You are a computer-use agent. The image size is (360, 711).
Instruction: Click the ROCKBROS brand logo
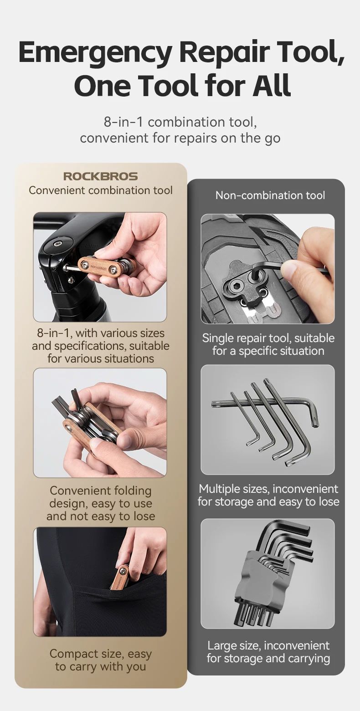click(x=101, y=176)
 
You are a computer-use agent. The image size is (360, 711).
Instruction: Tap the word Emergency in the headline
click(x=96, y=52)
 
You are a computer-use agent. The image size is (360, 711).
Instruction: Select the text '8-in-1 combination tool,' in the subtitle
click(x=180, y=122)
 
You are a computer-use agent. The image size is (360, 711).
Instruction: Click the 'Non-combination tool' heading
click(x=270, y=195)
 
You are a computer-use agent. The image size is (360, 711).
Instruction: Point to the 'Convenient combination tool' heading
click(x=101, y=190)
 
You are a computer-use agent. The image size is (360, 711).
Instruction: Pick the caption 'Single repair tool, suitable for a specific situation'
click(x=268, y=344)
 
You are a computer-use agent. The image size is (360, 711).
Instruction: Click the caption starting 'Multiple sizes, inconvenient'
click(x=268, y=495)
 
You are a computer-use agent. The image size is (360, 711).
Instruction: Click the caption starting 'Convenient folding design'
click(x=101, y=503)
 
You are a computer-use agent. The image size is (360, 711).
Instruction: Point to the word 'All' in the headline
click(x=272, y=85)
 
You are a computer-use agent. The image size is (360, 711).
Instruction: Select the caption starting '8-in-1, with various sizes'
click(x=101, y=346)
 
